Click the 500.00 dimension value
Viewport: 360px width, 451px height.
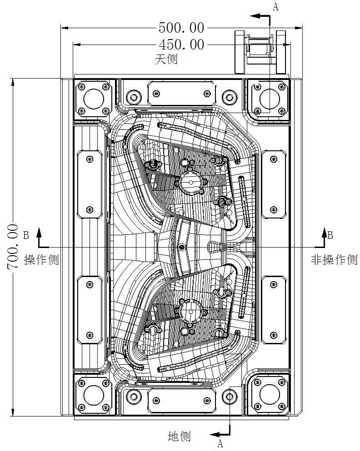181,28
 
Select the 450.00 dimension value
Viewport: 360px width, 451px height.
181,45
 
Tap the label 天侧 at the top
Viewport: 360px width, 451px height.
166,59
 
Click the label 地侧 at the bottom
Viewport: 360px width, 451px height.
179,436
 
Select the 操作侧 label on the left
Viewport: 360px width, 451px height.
41,260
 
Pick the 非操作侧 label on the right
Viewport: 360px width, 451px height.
334,260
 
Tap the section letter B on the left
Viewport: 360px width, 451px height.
26,235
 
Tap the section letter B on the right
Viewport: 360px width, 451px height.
330,235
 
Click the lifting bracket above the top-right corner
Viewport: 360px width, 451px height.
260,51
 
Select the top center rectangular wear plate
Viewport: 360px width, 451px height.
181,94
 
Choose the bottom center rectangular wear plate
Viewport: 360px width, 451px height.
181,400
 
